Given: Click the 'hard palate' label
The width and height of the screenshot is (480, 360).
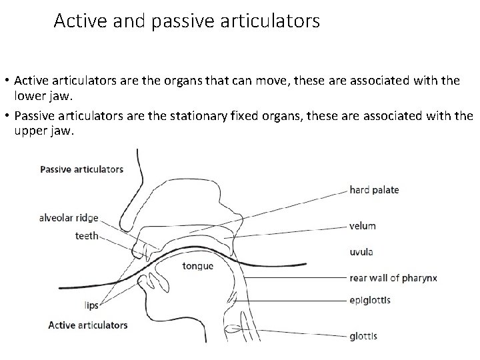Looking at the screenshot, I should point(374,190).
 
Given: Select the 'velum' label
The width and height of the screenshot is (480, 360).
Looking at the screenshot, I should point(362,226).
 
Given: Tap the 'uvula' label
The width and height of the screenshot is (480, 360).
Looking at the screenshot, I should point(361,252).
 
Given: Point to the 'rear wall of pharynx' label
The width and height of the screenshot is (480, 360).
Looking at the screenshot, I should point(393,277).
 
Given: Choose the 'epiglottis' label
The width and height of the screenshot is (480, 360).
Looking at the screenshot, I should point(369,300).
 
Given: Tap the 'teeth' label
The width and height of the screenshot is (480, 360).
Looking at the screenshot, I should point(87,235).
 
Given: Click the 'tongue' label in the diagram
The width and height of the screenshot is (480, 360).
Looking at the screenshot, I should point(197,267).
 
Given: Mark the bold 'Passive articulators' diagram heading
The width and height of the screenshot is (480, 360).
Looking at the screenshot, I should point(82,169).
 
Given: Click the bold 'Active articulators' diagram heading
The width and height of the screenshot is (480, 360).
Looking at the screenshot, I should point(87,325).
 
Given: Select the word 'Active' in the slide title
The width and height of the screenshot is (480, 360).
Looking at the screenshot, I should point(75,21).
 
